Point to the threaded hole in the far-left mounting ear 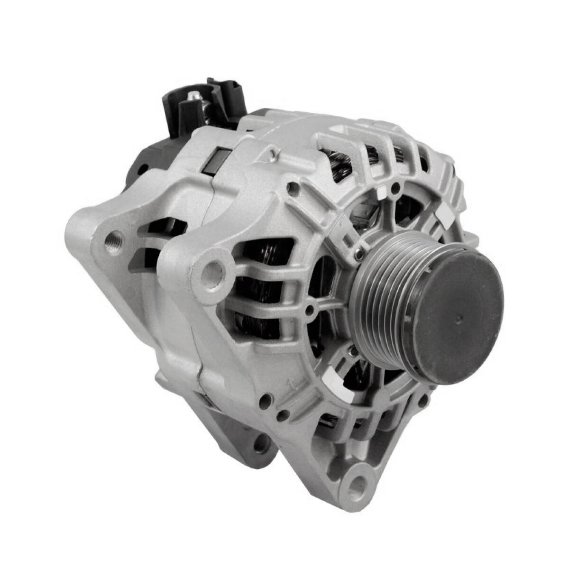(114, 235)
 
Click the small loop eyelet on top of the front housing (272, 153)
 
